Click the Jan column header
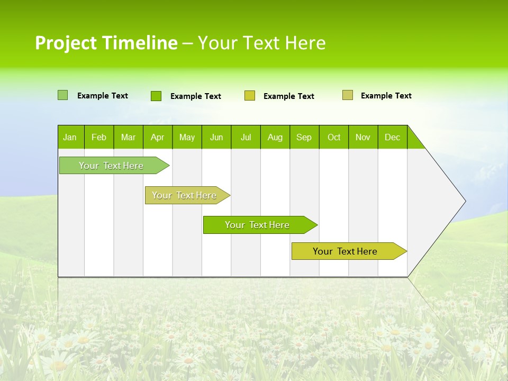tap(70, 137)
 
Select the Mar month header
tap(128, 137)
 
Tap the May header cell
tap(187, 137)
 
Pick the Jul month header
tap(246, 137)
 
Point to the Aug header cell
tap(275, 137)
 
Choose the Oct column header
tap(333, 137)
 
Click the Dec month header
tap(392, 137)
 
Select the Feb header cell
tap(99, 137)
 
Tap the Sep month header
tap(304, 137)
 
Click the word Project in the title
tap(66, 43)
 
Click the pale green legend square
tap(63, 95)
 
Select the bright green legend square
tap(156, 96)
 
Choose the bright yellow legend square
tap(250, 96)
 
